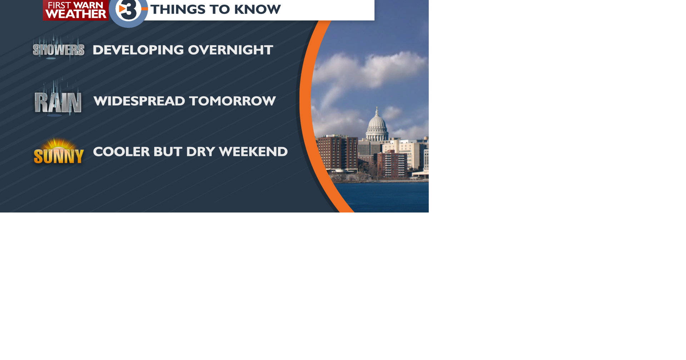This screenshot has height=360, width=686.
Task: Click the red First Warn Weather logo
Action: click(75, 10)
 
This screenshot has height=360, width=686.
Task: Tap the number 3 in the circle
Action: click(129, 10)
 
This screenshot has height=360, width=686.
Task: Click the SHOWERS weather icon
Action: click(59, 50)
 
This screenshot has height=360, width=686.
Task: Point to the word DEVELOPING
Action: click(138, 50)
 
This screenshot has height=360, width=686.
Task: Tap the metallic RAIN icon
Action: click(58, 101)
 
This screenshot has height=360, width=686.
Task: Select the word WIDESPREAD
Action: click(139, 101)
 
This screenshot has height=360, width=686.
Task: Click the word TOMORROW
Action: click(233, 101)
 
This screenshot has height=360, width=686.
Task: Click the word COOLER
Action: click(121, 152)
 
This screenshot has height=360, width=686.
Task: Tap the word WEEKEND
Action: click(253, 152)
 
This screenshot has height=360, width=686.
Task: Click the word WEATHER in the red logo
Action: click(76, 14)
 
